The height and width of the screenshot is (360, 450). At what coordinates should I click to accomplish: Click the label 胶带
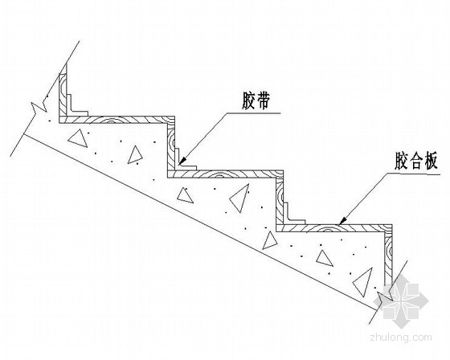pos(256,100)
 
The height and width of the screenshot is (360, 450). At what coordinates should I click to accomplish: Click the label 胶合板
pos(416,161)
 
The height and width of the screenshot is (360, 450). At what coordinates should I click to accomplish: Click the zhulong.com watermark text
pos(401,337)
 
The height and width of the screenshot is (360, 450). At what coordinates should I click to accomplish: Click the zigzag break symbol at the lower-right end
pos(385,297)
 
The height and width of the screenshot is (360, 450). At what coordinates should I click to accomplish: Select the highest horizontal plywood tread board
pos(117,120)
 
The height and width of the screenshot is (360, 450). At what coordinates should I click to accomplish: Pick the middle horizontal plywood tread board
pos(225,174)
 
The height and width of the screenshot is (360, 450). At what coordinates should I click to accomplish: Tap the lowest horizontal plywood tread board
pos(333,227)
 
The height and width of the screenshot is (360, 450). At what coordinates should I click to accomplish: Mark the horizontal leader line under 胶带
pos(254,113)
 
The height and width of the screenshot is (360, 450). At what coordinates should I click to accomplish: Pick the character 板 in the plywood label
pos(430,161)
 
